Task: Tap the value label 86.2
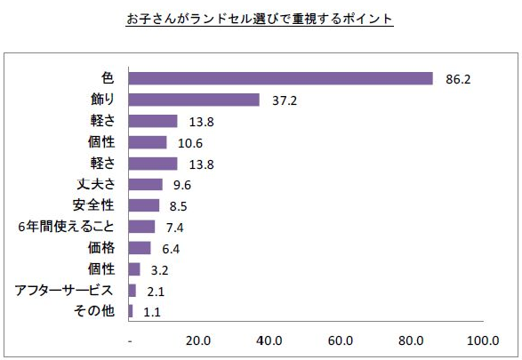(454, 79)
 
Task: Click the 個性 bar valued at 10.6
(148, 142)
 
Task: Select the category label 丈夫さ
(95, 185)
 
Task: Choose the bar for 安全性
(144, 205)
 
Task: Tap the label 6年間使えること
(67, 227)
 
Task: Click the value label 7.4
(174, 228)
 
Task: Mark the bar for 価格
(140, 248)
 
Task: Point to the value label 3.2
(160, 269)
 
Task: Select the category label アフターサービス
(63, 291)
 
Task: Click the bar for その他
(131, 311)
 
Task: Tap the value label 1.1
(152, 312)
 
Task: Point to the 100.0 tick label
(482, 340)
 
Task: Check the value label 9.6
(183, 185)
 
